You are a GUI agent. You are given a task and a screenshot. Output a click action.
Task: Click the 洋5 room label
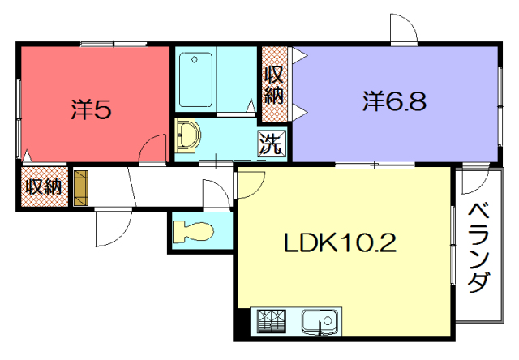click(x=91, y=109)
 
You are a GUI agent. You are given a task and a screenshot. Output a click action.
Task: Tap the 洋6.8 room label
click(x=394, y=101)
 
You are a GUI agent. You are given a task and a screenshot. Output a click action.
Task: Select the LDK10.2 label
click(x=341, y=243)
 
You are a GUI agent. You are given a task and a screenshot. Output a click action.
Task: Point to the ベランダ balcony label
click(x=479, y=248)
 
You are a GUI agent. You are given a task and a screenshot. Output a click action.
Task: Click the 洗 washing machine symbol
click(x=272, y=143)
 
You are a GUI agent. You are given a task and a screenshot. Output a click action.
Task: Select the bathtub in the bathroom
click(x=195, y=79)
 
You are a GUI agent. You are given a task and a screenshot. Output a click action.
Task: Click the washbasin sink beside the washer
click(x=187, y=135)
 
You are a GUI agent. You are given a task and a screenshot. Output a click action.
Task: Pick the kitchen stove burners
click(x=272, y=320)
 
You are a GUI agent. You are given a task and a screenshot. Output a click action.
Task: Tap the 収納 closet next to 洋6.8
click(x=275, y=84)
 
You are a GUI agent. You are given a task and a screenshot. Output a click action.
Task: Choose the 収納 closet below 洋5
click(x=45, y=187)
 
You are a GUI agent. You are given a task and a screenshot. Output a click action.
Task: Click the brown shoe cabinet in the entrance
click(x=81, y=188)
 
